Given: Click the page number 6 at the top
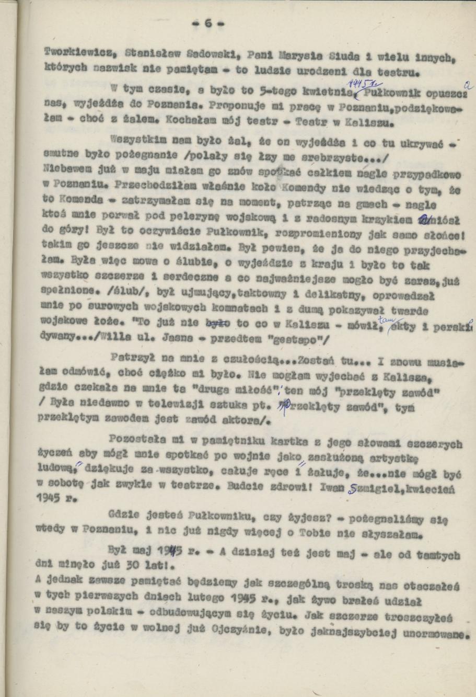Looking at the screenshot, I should click(x=206, y=24).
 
